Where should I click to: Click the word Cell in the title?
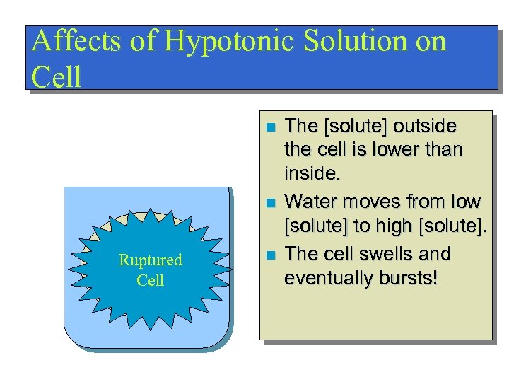tap(57, 76)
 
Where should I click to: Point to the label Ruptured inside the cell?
tap(150, 260)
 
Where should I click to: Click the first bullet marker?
tap(269, 128)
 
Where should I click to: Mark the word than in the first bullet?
tap(443, 150)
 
